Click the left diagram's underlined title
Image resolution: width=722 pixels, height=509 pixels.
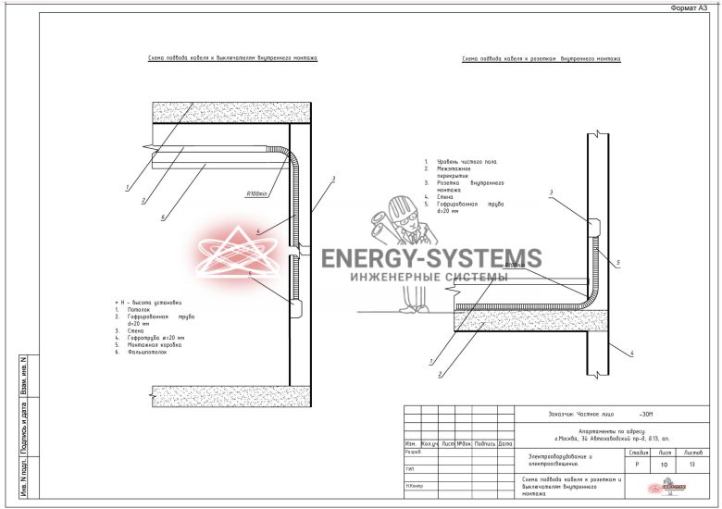coord(232,57)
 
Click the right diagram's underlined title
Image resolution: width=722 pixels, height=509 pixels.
coord(541,59)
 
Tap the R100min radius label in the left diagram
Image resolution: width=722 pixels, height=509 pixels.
coord(256,194)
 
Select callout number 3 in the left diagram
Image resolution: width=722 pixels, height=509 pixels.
coord(333,178)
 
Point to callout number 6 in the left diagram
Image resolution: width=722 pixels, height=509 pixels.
coord(163,218)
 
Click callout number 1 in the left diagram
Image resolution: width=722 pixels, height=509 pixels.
coord(125,188)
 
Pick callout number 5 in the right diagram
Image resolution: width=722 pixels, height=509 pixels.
coord(617,264)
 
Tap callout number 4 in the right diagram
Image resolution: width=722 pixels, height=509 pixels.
coord(631,353)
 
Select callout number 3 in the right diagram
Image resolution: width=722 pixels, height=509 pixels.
coord(550,192)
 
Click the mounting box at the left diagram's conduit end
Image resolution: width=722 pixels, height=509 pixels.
coord(294,304)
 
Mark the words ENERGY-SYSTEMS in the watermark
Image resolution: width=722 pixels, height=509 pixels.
coord(431,258)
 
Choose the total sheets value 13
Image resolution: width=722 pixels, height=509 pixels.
coord(694,466)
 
